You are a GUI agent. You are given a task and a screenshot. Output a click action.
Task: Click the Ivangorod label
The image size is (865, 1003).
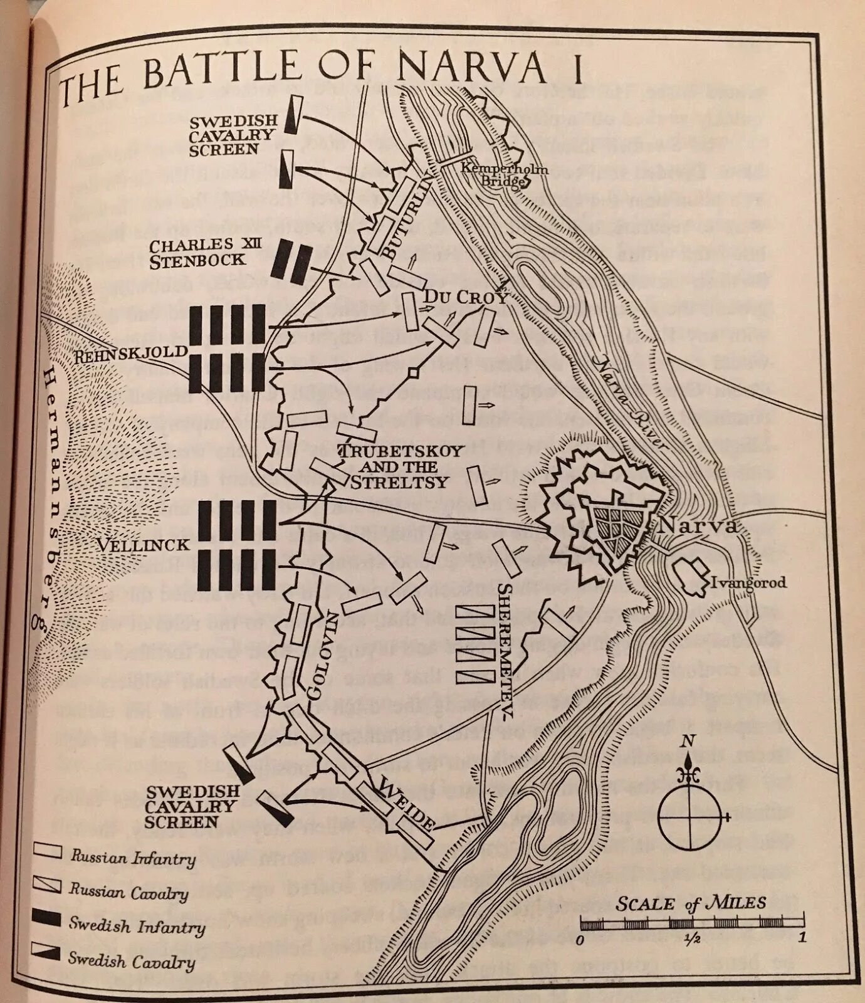pos(748,583)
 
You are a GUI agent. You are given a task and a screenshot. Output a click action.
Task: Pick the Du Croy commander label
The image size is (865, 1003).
pos(465,297)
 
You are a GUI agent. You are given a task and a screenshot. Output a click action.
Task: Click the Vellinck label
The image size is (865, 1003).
pos(143,545)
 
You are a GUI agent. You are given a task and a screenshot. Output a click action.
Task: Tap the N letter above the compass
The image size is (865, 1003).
pos(688,742)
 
